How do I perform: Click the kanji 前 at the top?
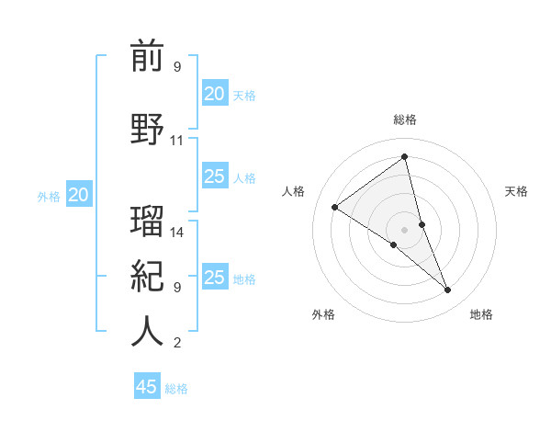tap(147, 57)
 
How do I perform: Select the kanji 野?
tap(147, 130)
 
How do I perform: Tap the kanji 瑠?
tap(147, 222)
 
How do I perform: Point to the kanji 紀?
tap(147, 276)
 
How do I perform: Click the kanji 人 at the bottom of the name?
tap(147, 331)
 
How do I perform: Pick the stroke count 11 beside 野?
tap(177, 141)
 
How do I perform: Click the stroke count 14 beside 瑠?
tap(177, 233)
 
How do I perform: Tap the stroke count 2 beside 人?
tap(177, 343)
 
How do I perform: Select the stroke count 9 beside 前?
tap(177, 67)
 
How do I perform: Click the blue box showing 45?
tap(147, 387)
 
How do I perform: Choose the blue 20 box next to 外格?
tap(79, 195)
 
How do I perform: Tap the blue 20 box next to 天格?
tap(215, 94)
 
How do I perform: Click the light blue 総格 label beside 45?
tap(176, 389)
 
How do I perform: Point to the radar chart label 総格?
tap(405, 119)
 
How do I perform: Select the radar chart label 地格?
tap(481, 314)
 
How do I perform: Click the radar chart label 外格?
tap(323, 314)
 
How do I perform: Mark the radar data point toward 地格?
tap(448, 290)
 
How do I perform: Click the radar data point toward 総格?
tap(405, 157)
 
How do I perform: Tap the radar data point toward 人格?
tap(335, 207)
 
